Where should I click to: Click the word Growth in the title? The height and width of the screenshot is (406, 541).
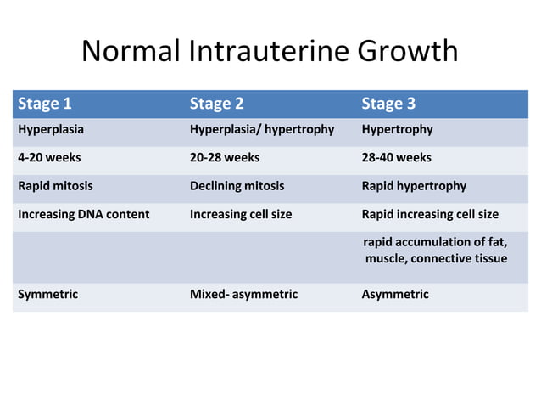[408, 53]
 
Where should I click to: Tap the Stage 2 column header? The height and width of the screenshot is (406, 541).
[216, 104]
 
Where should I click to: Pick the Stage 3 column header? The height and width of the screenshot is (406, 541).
[388, 104]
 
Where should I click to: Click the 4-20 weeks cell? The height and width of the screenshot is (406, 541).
[50, 157]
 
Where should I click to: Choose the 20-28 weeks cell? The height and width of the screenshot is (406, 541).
[225, 157]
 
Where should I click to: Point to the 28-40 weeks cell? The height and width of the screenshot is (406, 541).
[396, 157]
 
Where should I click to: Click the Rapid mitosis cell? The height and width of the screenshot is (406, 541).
[56, 186]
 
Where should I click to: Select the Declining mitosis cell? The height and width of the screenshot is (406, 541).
[237, 186]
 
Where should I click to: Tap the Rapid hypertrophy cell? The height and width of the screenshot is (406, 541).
[414, 186]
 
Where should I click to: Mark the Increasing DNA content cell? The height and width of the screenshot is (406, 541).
[84, 214]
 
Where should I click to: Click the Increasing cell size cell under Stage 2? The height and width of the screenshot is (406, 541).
[241, 214]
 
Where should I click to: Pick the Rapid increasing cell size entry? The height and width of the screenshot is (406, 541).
[430, 214]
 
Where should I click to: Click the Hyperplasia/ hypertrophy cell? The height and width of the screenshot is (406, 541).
[262, 130]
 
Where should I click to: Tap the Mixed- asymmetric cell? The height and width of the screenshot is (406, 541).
[243, 294]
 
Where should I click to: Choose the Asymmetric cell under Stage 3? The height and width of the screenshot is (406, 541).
[395, 294]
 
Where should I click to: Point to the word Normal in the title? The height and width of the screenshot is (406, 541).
[131, 53]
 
